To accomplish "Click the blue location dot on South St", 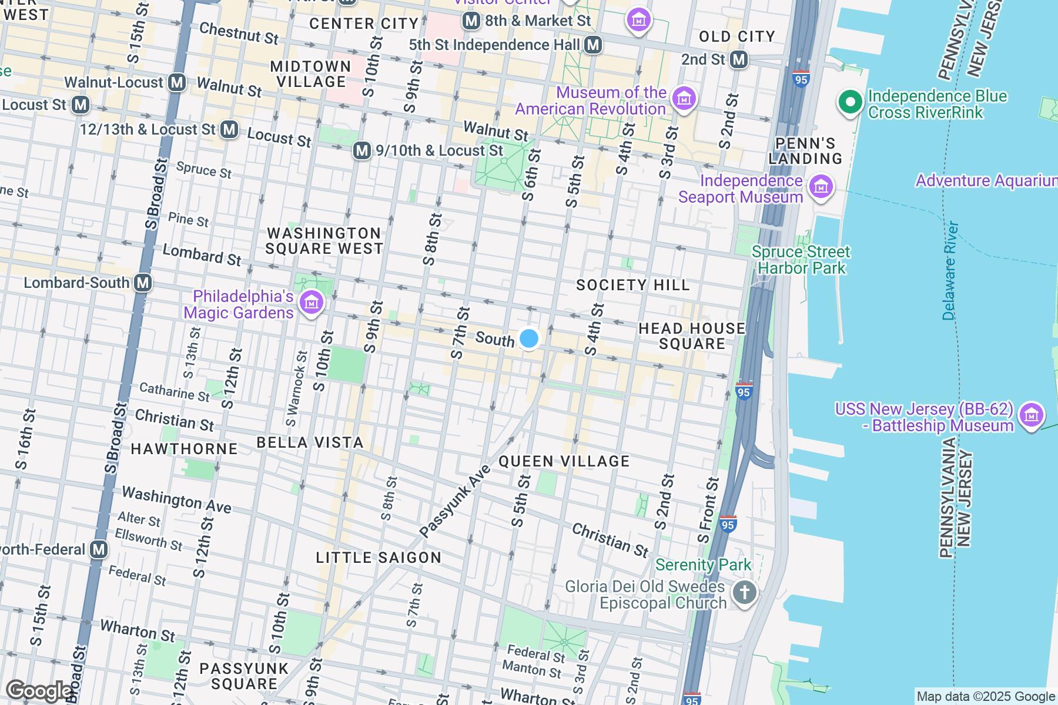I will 529,338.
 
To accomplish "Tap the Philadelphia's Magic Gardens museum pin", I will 312,304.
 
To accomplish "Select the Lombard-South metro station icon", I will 143,283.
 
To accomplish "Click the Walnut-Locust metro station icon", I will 177,82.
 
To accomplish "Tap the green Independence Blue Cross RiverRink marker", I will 849,103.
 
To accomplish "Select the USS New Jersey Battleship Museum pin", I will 1031,416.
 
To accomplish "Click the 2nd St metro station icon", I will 739,59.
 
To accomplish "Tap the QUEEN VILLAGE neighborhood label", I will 564,461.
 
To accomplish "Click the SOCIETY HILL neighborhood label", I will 632,286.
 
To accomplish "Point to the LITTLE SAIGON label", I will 379,558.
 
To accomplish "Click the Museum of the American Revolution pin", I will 684,99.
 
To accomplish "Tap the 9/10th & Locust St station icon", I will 362,151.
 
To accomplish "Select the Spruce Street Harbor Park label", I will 801,260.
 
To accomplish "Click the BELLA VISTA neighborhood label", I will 310,442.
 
